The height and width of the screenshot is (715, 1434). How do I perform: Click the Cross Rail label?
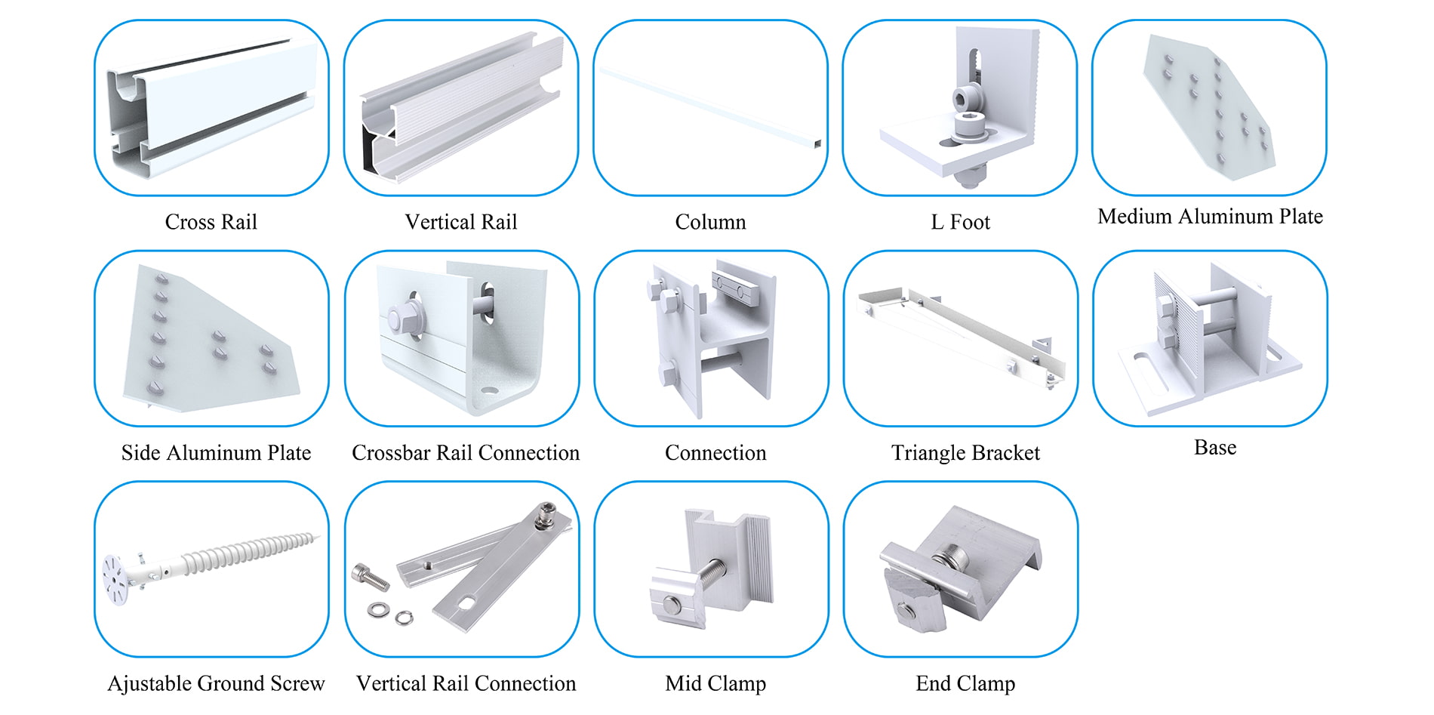pos(211,222)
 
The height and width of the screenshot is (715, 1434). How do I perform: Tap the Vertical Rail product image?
pos(460,108)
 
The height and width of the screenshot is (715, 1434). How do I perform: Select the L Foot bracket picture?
pos(960,108)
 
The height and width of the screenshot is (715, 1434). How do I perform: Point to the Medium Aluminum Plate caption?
pos(1210,217)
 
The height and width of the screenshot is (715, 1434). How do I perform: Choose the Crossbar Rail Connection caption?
pos(466,453)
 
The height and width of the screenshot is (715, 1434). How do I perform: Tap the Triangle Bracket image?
pos(961,338)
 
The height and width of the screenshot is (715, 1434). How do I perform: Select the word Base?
pos(1215,448)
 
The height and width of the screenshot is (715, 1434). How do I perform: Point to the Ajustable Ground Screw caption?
pos(216,683)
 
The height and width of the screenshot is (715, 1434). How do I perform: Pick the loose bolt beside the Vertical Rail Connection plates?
pos(370,577)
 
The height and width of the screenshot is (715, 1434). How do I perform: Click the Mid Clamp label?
pos(715,683)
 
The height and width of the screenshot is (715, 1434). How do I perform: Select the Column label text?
pos(710,222)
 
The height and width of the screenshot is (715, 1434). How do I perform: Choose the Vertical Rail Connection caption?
pos(466,683)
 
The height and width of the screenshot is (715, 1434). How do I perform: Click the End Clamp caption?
pos(965,683)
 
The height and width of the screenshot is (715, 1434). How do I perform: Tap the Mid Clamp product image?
pos(711,570)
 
